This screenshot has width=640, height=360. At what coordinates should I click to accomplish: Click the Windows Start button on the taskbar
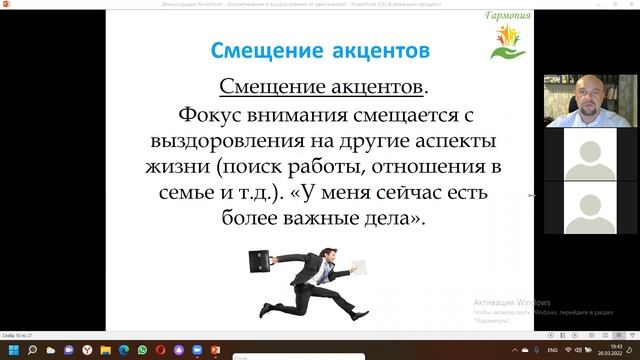pyautogui.click(x=10, y=350)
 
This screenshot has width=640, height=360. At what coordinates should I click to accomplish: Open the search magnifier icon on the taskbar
pyautogui.click(x=32, y=350)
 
